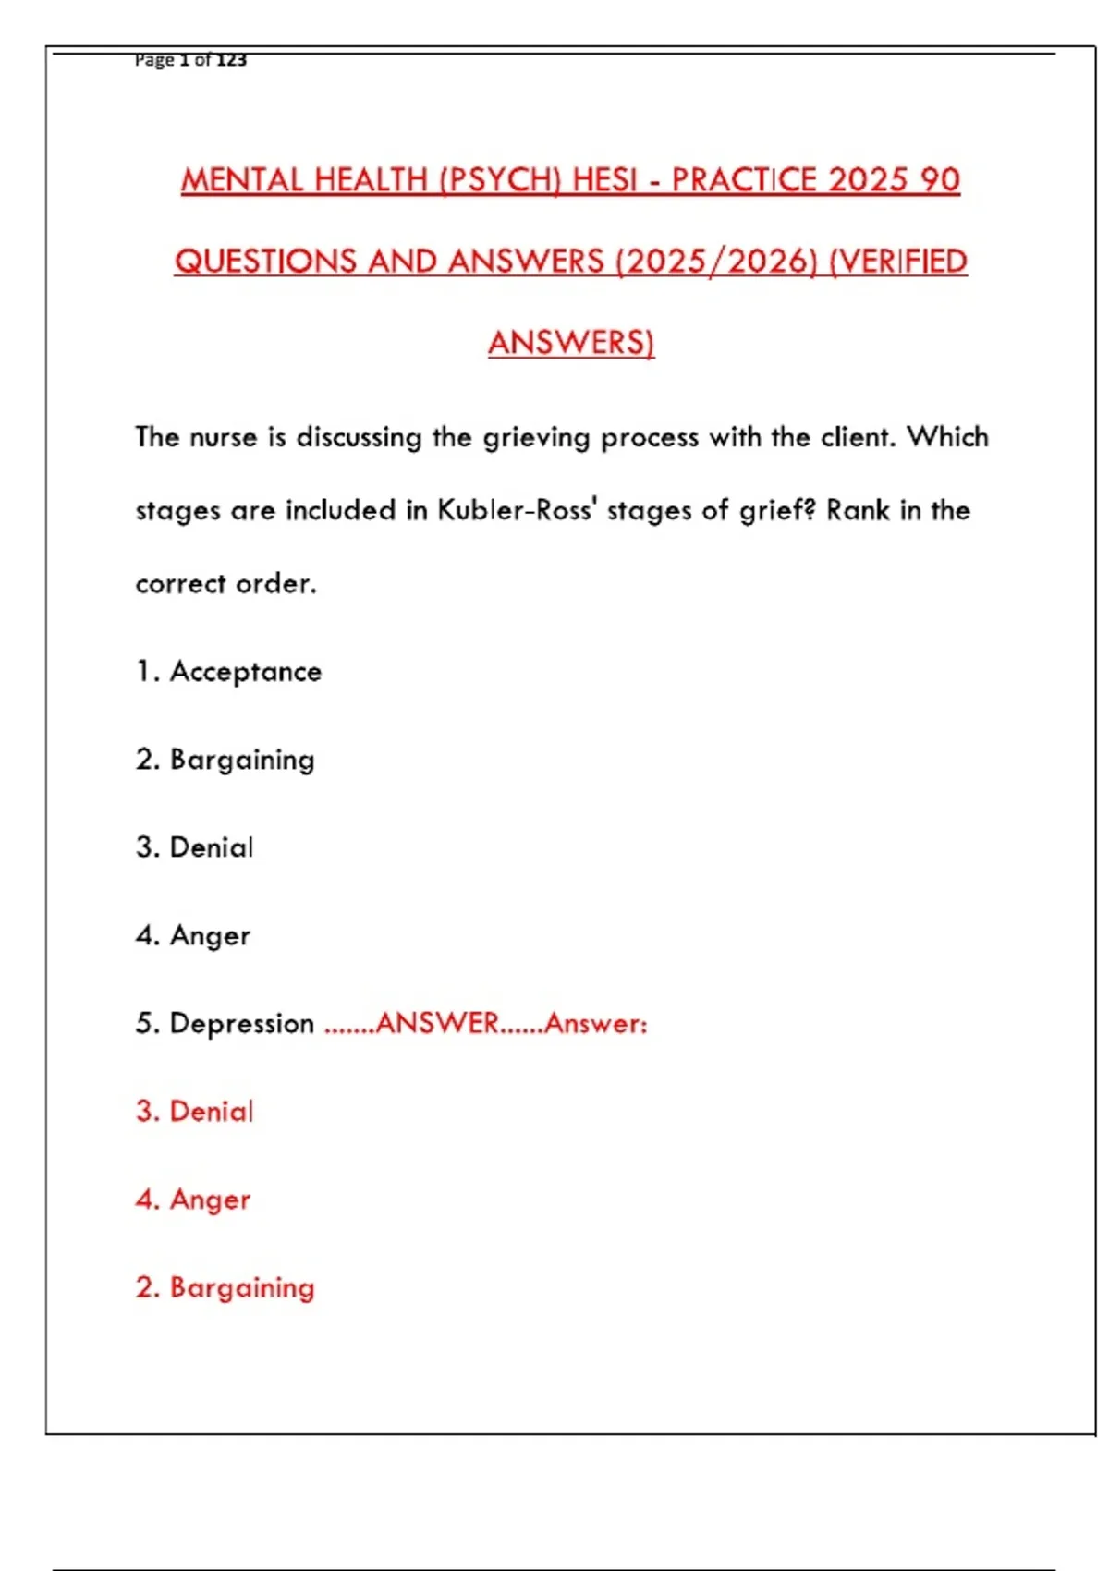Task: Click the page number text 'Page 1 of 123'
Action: pos(190,60)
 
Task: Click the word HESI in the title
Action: pos(605,179)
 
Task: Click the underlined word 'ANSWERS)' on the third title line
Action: pos(571,343)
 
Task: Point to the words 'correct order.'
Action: pos(226,584)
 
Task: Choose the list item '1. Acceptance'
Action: pos(228,672)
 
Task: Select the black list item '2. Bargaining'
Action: pos(225,761)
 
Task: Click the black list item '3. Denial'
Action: pos(194,847)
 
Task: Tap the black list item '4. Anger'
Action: pos(192,936)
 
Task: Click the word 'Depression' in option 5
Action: pos(242,1024)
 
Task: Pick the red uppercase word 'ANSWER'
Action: pos(437,1023)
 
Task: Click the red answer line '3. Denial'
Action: pos(194,1112)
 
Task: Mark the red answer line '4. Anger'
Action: pos(192,1200)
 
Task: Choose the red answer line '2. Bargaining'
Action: pos(225,1287)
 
